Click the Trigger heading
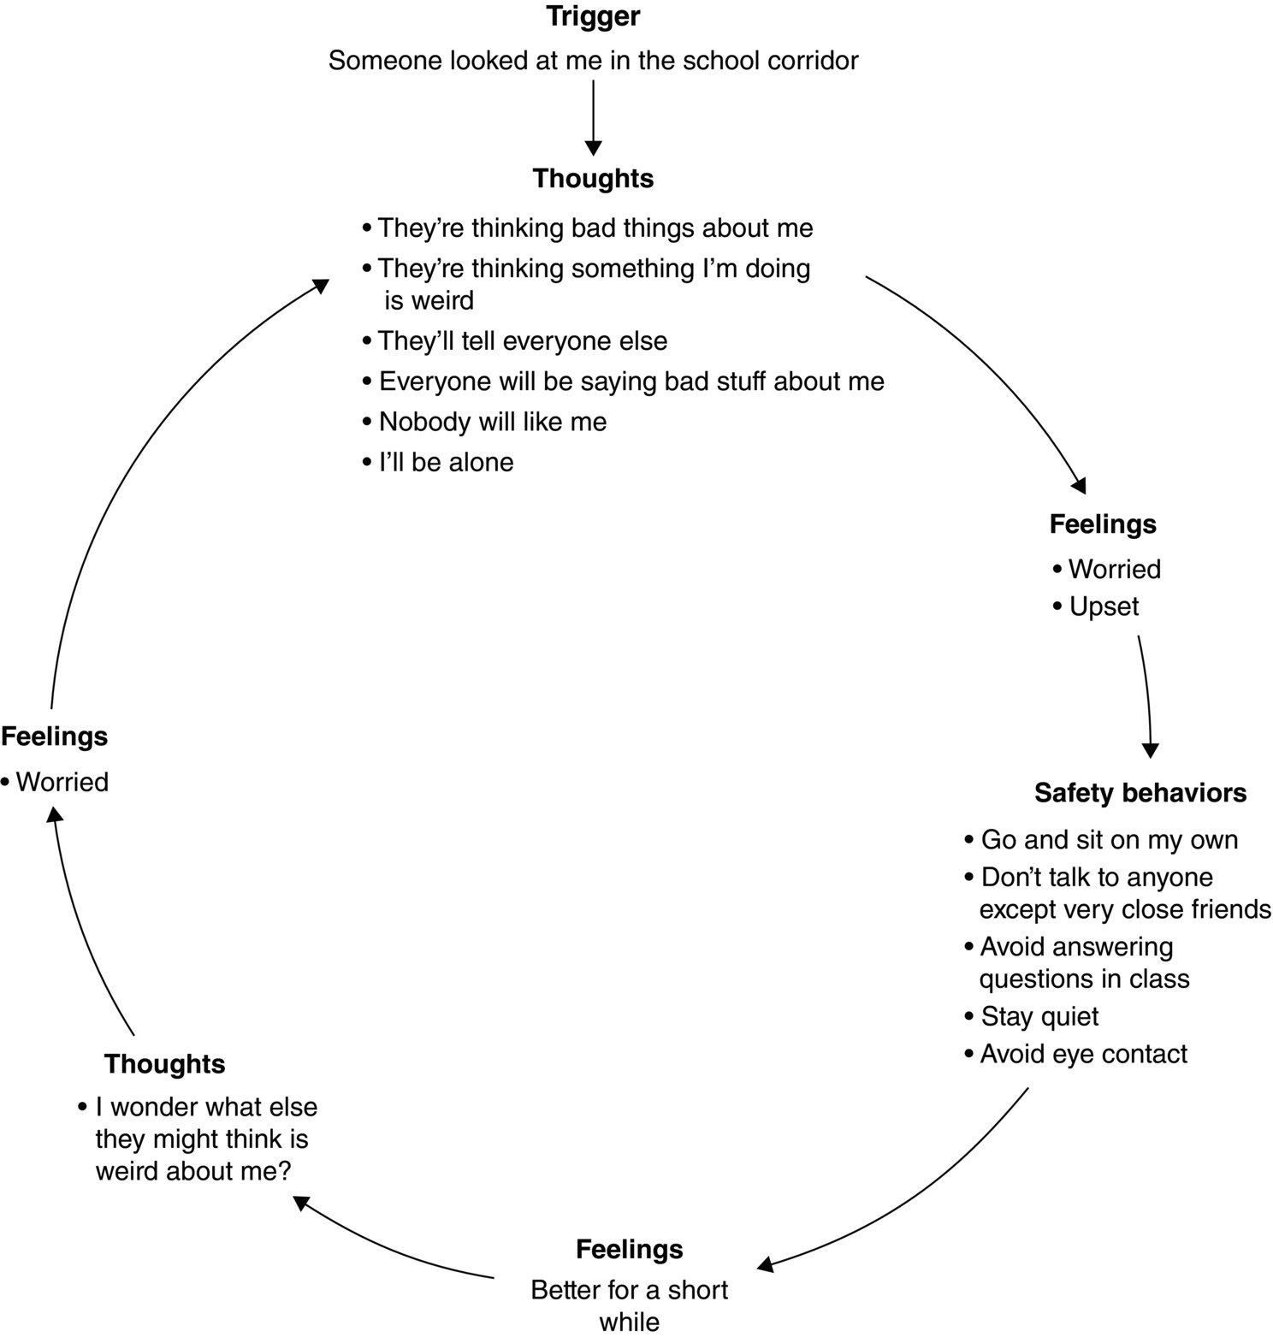point(593,16)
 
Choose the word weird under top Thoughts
point(441,300)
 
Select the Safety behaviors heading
point(1140,793)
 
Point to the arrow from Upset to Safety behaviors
point(1146,693)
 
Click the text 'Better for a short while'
point(630,1305)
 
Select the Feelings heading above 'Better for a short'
point(630,1249)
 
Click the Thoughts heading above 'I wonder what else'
point(165,1063)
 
